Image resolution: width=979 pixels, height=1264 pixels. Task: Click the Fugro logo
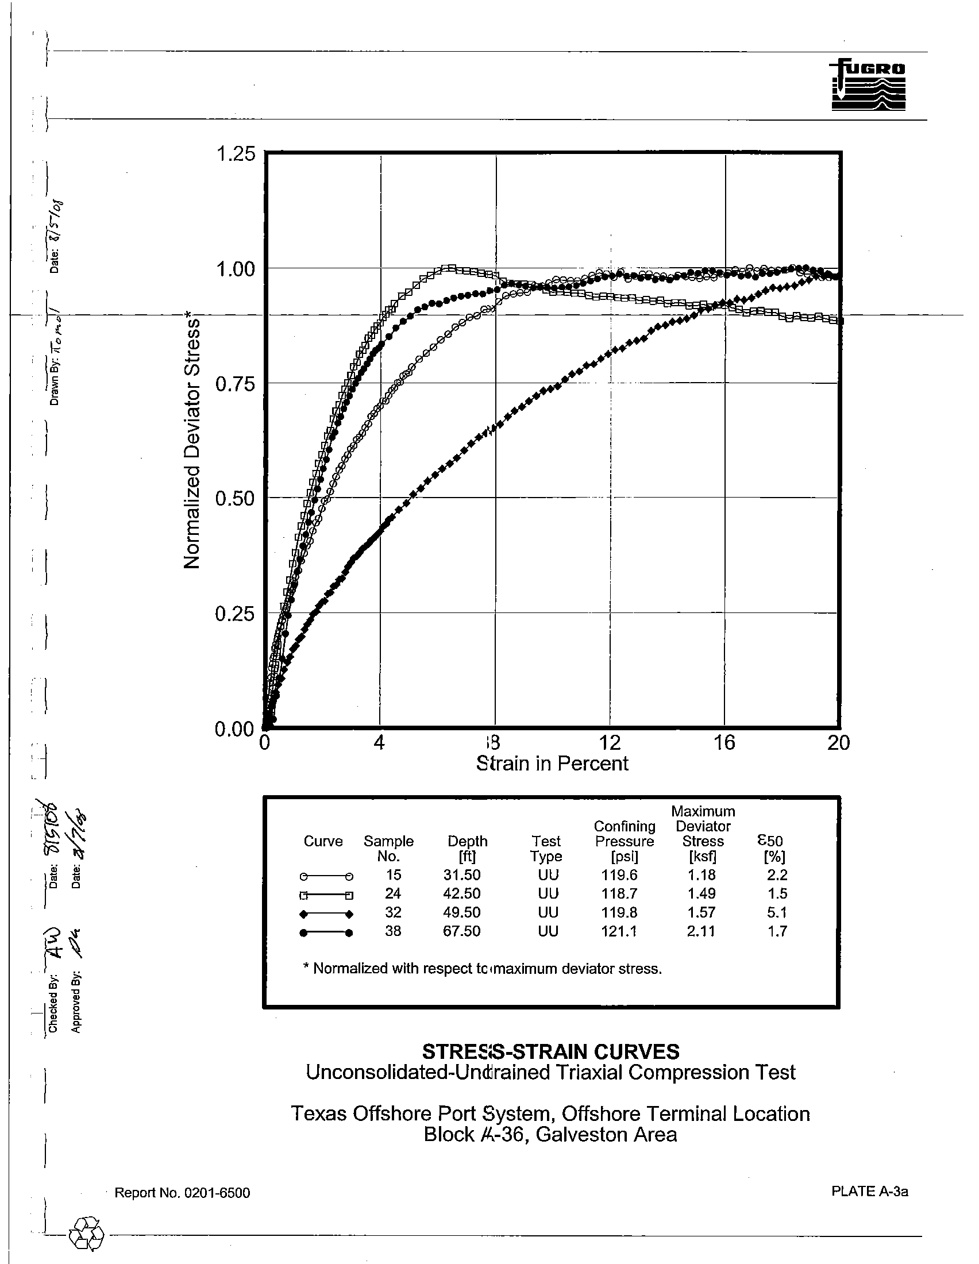tap(868, 85)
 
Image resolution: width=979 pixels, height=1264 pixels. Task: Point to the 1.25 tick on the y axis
tap(235, 155)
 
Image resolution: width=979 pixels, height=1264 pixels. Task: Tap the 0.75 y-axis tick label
tap(235, 384)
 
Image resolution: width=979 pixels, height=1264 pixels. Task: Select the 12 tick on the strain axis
tap(609, 742)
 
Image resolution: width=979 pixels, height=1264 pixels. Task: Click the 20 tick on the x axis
tap(838, 742)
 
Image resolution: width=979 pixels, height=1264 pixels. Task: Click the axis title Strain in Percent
tap(552, 764)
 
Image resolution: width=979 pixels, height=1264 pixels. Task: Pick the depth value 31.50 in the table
tap(462, 875)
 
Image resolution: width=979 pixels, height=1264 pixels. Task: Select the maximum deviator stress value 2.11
tap(702, 931)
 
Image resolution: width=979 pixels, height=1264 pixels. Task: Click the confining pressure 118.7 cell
tap(620, 893)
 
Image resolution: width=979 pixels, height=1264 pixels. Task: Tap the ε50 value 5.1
tap(777, 913)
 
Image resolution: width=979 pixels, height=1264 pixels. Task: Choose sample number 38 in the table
tap(393, 931)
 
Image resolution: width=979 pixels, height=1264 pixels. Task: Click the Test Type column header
tap(546, 849)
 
